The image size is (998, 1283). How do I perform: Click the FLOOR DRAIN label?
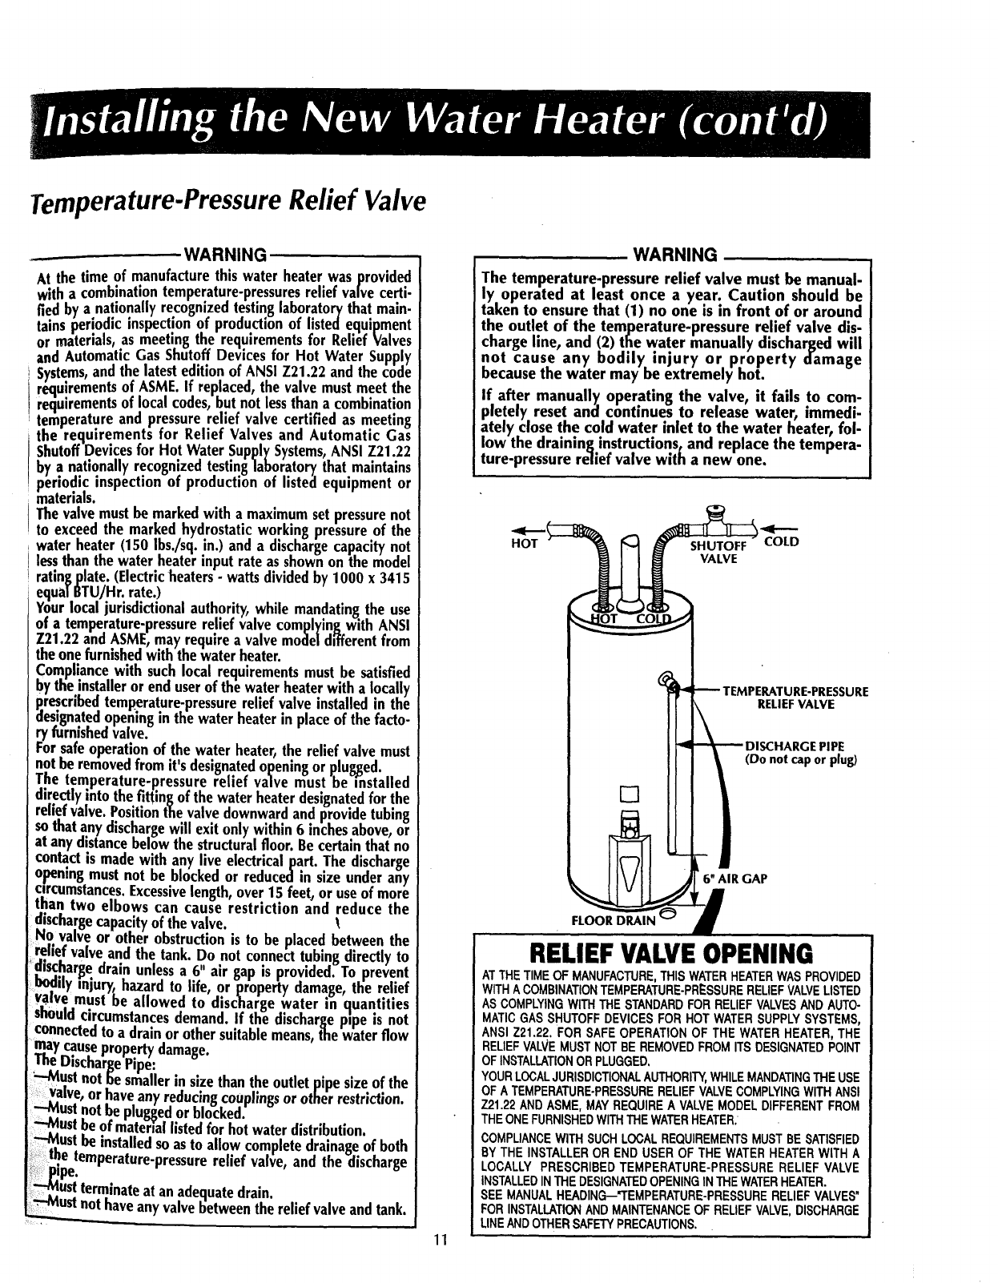(x=612, y=920)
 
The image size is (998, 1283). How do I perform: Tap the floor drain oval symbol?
(x=668, y=915)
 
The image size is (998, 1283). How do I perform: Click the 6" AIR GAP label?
(x=734, y=879)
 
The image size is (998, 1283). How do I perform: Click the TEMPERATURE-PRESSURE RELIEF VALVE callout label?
(x=795, y=697)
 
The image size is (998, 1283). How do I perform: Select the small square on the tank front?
(x=627, y=794)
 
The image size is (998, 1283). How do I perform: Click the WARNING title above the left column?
(x=225, y=255)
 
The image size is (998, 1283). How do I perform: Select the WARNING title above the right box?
(x=674, y=255)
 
